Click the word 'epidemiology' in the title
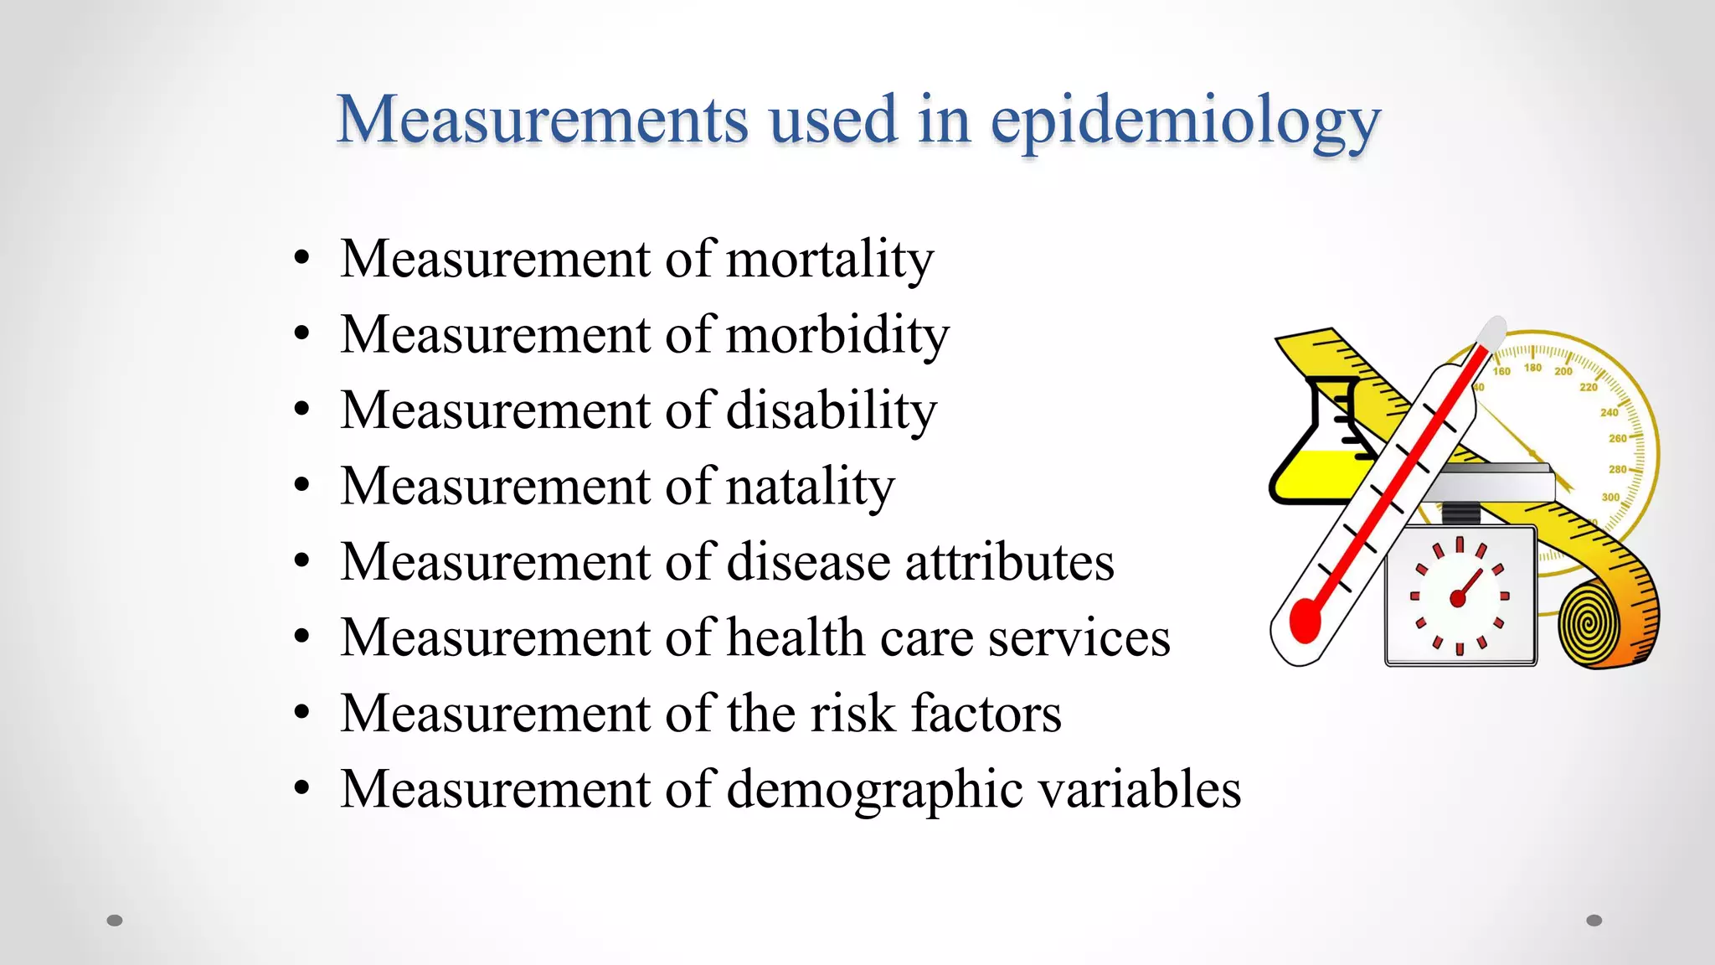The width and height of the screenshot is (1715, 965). coord(1185,122)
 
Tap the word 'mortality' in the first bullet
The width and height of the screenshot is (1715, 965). coord(829,259)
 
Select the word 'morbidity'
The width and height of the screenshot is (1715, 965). coord(837,335)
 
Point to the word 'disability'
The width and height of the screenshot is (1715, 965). coord(831,410)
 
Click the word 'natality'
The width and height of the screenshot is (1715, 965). coord(810,487)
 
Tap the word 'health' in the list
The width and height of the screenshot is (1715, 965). coord(796,637)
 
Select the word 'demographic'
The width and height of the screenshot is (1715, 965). coord(874,790)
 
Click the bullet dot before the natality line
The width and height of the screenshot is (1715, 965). coord(302,486)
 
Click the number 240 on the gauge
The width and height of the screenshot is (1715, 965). coord(1609,412)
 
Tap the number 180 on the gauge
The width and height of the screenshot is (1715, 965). coord(1532,368)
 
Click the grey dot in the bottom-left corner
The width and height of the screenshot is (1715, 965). coord(115,921)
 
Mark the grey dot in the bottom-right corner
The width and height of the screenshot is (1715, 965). coord(1594,921)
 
